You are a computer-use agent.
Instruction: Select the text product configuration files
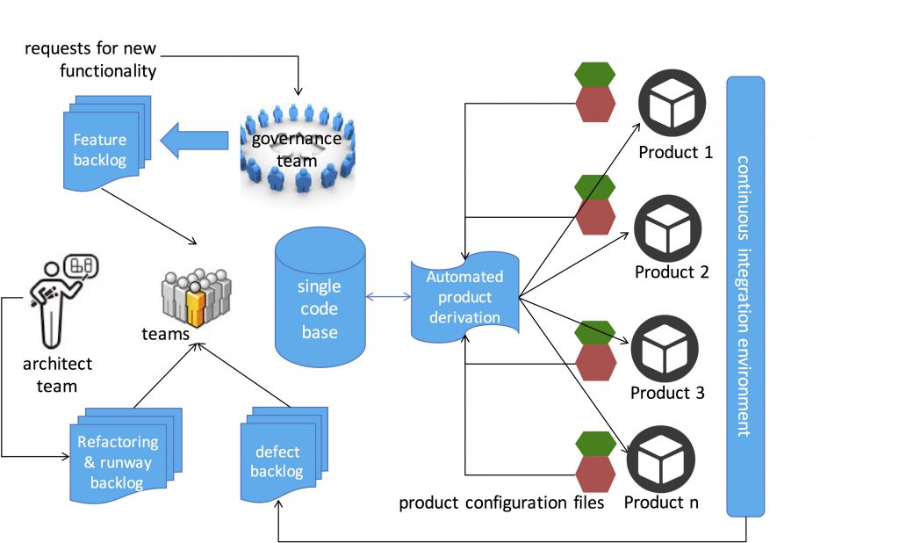click(x=501, y=503)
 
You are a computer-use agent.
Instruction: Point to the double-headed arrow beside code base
click(x=388, y=297)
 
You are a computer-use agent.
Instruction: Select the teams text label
click(x=166, y=336)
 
